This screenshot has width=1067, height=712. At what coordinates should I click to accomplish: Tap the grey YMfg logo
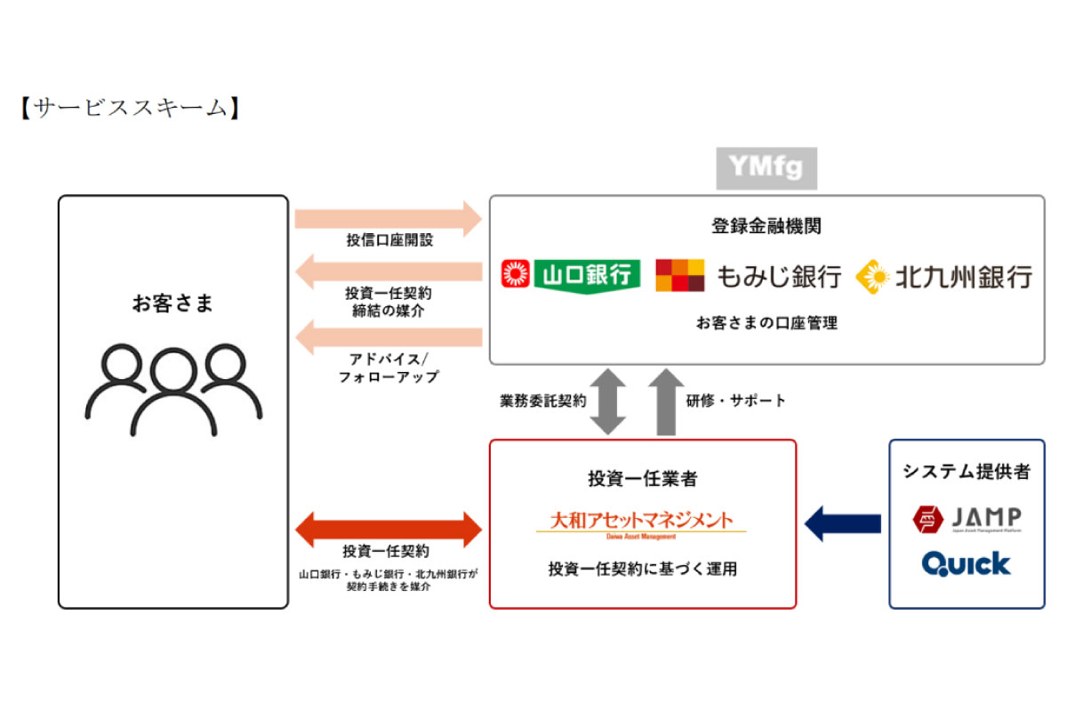pos(766,168)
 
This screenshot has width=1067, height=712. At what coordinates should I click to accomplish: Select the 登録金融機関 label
pos(766,226)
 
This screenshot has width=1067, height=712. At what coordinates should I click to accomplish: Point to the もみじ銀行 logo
pos(748,275)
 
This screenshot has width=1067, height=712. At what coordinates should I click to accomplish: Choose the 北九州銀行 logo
pos(943,276)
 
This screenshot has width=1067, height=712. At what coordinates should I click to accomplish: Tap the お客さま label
pos(173,303)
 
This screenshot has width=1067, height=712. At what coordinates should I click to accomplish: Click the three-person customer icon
pos(173,389)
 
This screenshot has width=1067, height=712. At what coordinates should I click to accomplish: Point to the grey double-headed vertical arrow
pos(609,400)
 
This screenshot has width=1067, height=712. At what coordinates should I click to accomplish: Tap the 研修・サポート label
pos(736,400)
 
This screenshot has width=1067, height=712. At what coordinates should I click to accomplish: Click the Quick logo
pos(967,563)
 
